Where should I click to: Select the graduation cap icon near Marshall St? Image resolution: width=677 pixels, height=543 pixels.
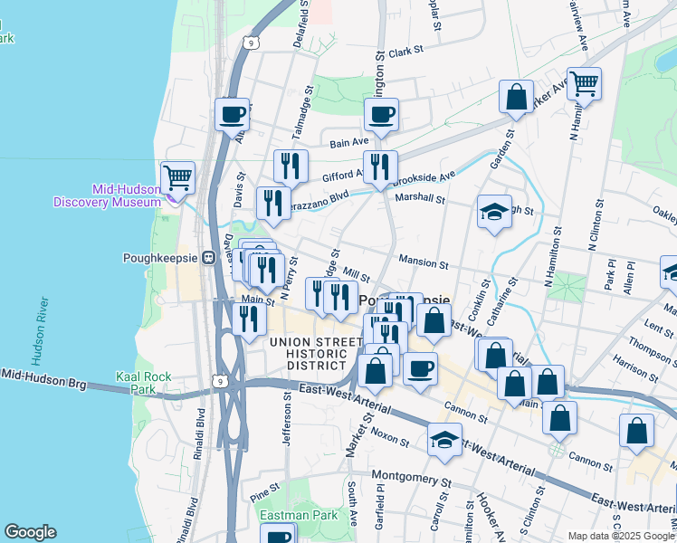(494, 212)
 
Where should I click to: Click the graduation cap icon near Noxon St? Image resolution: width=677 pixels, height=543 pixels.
(444, 439)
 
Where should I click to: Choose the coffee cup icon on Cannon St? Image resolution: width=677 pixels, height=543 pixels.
(419, 368)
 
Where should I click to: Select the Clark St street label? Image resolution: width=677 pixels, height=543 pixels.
(407, 52)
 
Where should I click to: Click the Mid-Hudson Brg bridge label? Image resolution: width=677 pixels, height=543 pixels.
(43, 378)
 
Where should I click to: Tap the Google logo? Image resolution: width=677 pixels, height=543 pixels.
(30, 532)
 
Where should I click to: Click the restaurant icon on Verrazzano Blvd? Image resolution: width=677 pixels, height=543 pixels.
(272, 203)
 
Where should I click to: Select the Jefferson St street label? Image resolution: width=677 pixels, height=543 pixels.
(289, 419)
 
